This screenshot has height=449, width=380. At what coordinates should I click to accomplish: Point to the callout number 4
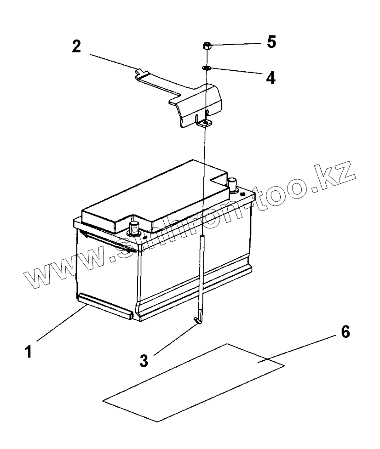click(271, 77)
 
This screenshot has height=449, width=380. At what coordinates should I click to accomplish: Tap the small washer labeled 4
click(206, 68)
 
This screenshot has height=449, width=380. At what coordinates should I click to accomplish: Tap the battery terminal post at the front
click(134, 227)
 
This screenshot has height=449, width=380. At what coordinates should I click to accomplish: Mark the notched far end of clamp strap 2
click(140, 72)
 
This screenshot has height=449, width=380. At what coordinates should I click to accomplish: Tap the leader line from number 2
click(113, 62)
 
